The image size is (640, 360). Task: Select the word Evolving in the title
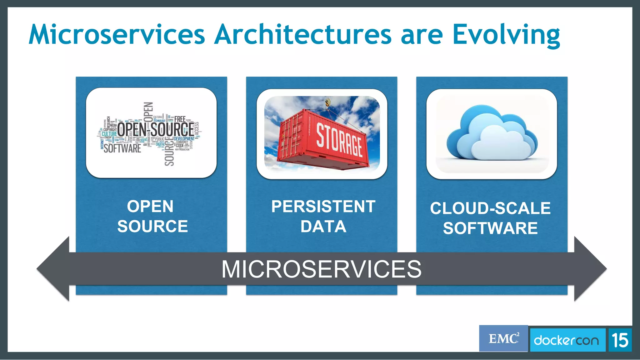(506, 35)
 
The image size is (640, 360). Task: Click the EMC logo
(503, 339)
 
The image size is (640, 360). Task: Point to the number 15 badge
(620, 340)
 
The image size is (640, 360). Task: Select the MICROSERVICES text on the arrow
(321, 269)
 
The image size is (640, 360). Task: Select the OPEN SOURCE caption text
(152, 216)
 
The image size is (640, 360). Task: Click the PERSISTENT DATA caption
(323, 216)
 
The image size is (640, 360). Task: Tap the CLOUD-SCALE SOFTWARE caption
(490, 218)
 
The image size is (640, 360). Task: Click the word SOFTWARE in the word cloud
(122, 148)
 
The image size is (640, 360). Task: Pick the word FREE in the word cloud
(180, 119)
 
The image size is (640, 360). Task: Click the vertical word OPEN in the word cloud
(148, 112)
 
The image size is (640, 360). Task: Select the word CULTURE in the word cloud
(109, 134)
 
